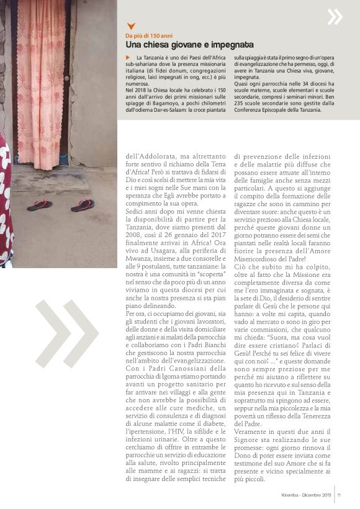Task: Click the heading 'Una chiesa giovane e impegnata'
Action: click(189, 45)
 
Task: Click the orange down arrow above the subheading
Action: click(130, 26)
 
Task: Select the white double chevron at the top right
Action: click(335, 16)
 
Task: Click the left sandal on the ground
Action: click(40, 205)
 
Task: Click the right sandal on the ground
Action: click(82, 205)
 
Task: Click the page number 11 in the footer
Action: click(340, 495)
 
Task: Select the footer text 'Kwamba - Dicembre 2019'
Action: click(307, 495)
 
